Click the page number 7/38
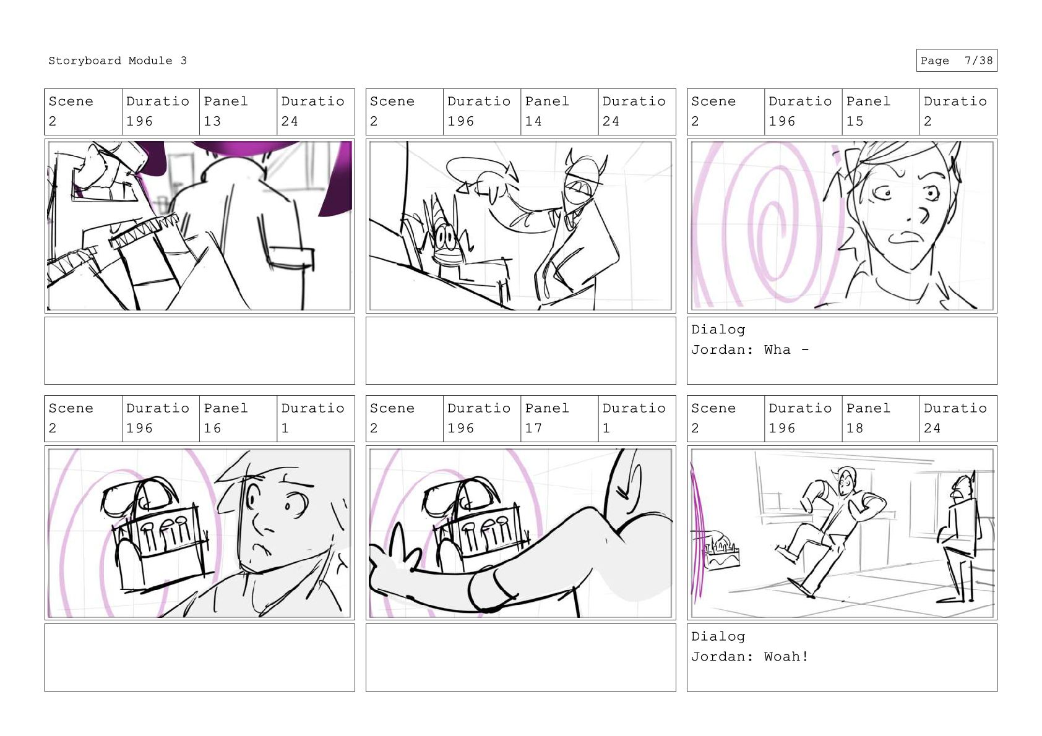click(978, 61)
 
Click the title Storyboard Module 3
click(117, 61)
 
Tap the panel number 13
click(212, 121)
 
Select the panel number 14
click(533, 121)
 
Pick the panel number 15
click(855, 121)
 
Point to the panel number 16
click(212, 428)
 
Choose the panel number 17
click(533, 428)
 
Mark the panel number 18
click(855, 428)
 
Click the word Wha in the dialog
click(777, 349)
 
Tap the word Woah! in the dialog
click(786, 656)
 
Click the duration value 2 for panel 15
click(928, 121)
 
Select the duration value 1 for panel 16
click(285, 428)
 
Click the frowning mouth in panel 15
click(906, 238)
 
